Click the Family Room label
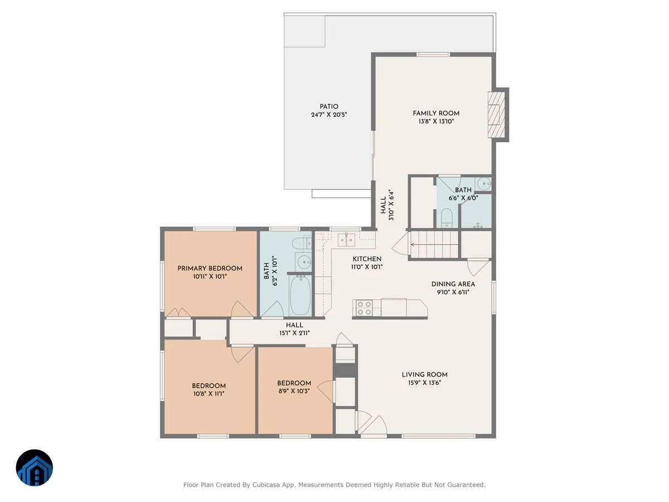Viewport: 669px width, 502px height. [436, 113]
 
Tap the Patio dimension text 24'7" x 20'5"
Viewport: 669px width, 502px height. [329, 115]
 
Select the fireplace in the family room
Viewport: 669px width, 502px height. [496, 114]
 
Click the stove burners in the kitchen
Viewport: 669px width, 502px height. [364, 308]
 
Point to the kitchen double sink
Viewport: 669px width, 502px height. [346, 240]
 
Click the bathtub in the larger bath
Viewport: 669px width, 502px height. [300, 295]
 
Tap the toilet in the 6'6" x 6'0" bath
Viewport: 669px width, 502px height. [447, 218]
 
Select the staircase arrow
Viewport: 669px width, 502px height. [435, 244]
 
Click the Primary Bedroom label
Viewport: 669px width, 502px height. [210, 268]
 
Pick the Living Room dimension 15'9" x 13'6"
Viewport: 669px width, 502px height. [425, 383]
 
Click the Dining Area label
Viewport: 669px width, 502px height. [453, 284]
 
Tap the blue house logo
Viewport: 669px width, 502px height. [35, 467]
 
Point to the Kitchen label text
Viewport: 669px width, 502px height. [367, 259]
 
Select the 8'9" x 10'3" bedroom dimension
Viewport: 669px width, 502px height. [294, 391]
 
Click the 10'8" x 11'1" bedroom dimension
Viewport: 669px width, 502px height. [209, 393]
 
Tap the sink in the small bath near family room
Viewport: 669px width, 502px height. [484, 184]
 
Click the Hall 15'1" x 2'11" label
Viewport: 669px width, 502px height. [294, 329]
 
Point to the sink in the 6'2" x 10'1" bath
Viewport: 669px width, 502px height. [304, 262]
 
